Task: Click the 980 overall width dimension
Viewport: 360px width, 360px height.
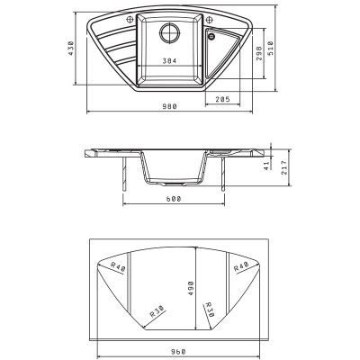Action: pyautogui.click(x=170, y=106)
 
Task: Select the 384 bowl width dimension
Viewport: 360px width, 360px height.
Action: pyautogui.click(x=169, y=61)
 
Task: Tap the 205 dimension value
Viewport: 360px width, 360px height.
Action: pyautogui.click(x=222, y=99)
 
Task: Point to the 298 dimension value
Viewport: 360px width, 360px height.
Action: pyautogui.click(x=259, y=53)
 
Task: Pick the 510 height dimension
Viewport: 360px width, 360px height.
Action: pyautogui.click(x=271, y=48)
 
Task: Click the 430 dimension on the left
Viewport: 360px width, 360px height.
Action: pyautogui.click(x=70, y=48)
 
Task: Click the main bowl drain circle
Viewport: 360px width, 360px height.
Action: pyautogui.click(x=169, y=31)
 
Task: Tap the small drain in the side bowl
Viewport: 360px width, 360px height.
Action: pyautogui.click(x=211, y=37)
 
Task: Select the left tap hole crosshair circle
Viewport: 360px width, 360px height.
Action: pyautogui.click(x=130, y=20)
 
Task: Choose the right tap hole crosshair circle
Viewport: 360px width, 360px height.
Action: pyautogui.click(x=210, y=20)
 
